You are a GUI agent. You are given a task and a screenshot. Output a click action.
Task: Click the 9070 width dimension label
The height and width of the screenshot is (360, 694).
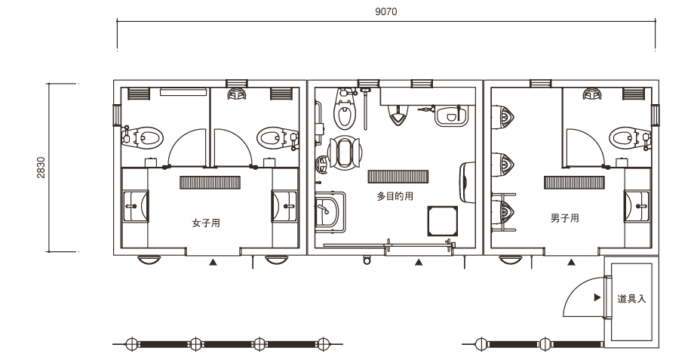coord(386,12)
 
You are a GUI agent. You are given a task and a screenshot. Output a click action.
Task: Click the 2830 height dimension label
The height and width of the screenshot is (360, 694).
coord(41,168)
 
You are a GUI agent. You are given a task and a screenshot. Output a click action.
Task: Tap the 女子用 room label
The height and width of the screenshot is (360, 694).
coord(206,223)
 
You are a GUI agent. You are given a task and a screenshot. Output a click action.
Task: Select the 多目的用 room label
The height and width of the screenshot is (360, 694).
coord(395,195)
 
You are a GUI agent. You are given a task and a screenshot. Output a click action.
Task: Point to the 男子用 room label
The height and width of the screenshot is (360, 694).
coord(565,218)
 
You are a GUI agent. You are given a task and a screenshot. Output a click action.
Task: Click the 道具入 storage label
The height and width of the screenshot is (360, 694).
coord(631,299)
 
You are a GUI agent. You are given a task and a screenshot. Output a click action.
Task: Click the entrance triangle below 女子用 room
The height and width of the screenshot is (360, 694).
coord(213,263)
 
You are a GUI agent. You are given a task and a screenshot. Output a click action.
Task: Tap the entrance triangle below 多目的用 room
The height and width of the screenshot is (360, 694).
coord(418,263)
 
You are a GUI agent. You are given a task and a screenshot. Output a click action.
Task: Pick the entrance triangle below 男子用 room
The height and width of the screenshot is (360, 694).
coord(571,263)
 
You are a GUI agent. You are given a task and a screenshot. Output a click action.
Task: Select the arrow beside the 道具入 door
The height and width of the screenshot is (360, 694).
coord(597,297)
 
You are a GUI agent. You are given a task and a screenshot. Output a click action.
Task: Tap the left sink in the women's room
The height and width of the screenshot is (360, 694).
coord(136,206)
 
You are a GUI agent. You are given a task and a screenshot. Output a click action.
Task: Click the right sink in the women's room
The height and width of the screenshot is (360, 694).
coord(284,206)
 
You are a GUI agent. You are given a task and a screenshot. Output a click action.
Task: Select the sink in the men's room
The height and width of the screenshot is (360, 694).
coord(637,206)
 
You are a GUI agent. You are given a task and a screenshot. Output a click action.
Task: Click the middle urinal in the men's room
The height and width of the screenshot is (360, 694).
coord(503,165)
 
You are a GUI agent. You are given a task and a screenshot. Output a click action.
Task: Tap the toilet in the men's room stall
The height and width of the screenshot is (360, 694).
coord(629,137)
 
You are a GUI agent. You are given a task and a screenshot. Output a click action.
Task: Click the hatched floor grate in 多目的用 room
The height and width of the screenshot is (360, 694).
coord(398,177)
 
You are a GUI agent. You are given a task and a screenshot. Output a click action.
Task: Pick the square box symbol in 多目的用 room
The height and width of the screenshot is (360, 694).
coord(443,220)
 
